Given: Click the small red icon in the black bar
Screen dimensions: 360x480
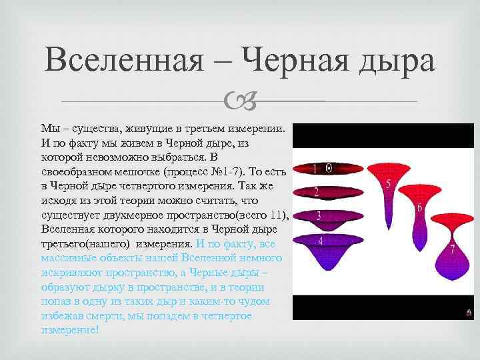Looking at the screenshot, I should pyautogui.click(x=469, y=311).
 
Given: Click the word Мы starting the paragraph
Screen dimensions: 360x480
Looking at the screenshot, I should pyautogui.click(x=50, y=128).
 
